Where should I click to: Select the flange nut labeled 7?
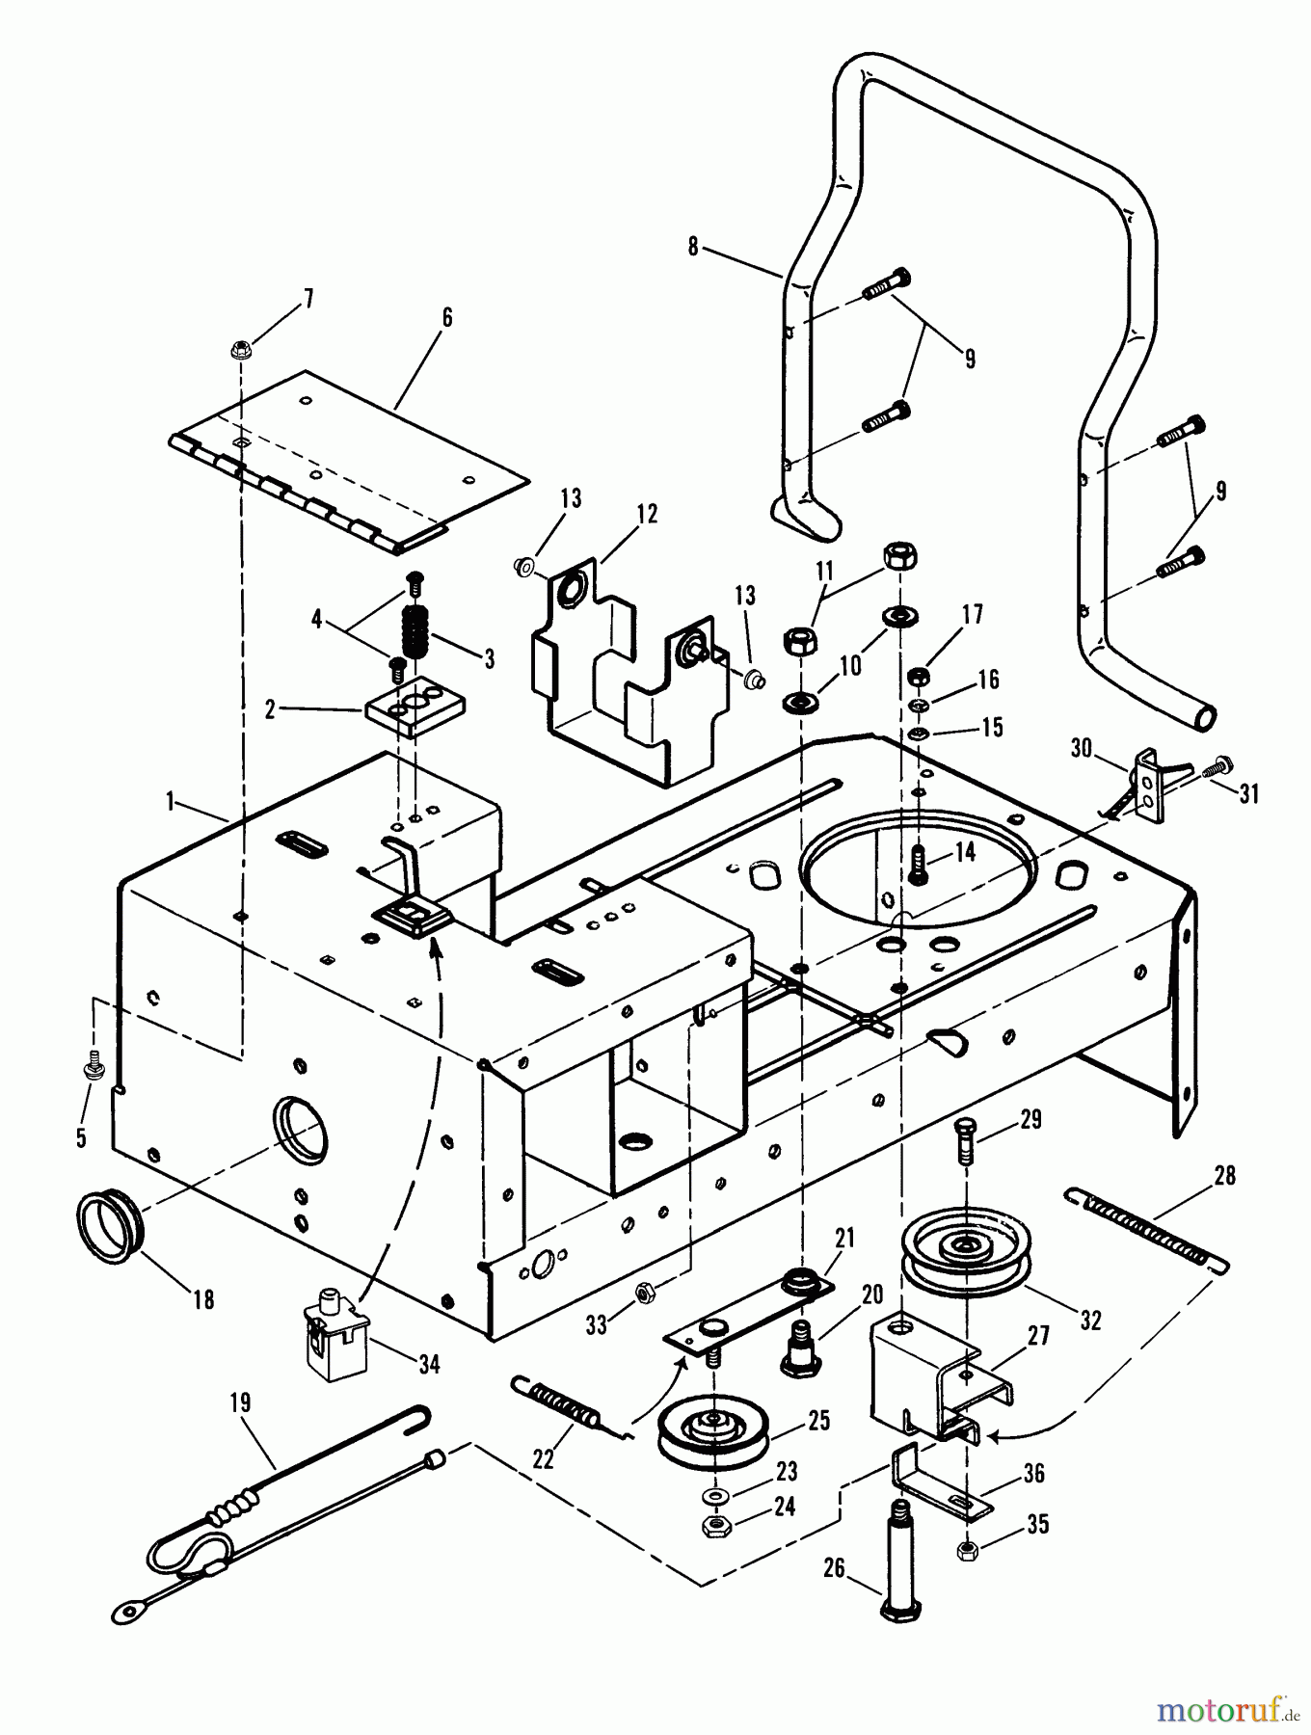[x=241, y=347]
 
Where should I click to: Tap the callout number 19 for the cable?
[x=240, y=1401]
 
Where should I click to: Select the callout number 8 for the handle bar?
[x=692, y=247]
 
